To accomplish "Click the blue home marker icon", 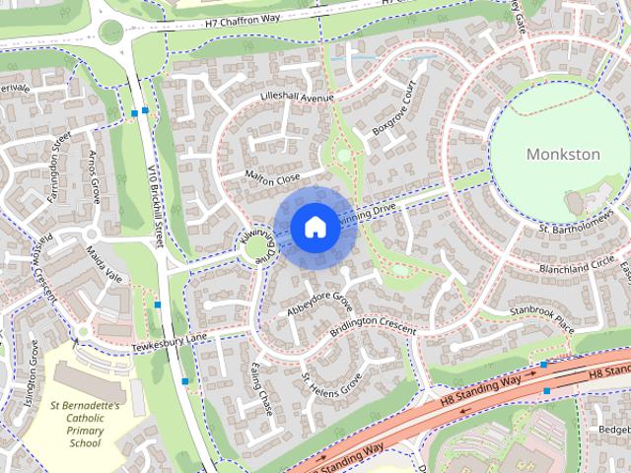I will (x=315, y=227).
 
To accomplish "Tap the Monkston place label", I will (x=563, y=155).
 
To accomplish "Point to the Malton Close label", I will (x=273, y=178).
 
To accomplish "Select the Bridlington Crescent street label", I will (x=373, y=327).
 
